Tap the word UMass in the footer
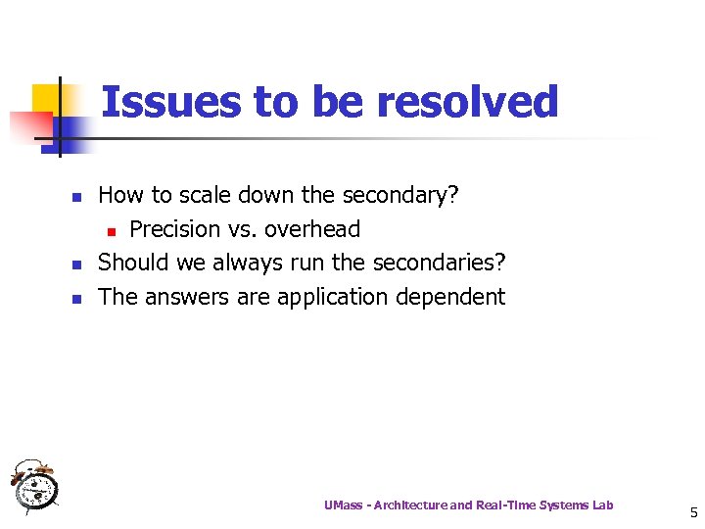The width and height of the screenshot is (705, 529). click(343, 505)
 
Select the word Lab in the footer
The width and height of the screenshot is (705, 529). click(603, 505)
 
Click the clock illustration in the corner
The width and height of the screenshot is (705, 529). click(34, 484)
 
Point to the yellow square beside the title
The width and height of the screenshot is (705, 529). click(47, 98)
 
